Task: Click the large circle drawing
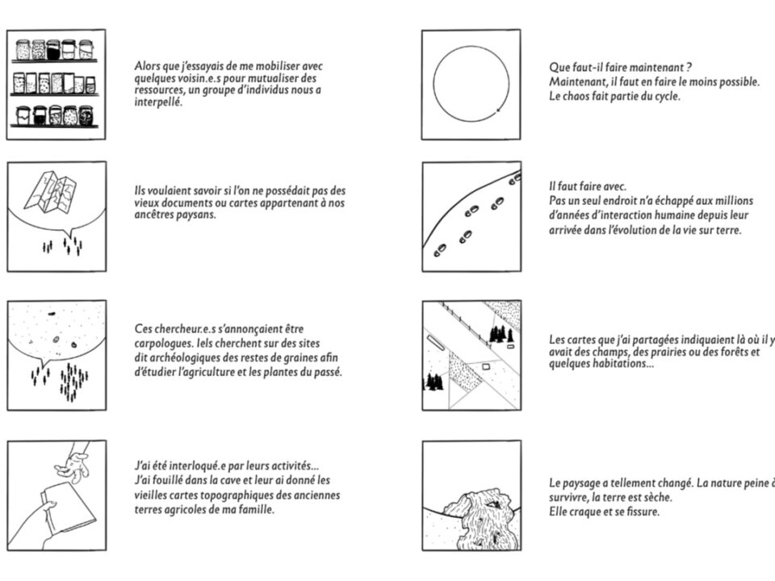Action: point(471,83)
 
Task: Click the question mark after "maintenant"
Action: point(688,67)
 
